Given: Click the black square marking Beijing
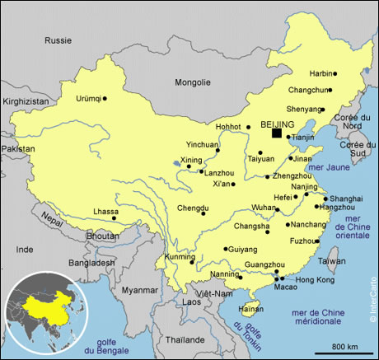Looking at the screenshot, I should (277, 132).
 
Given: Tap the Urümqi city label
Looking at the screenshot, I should (88, 99).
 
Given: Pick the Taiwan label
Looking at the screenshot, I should (332, 260).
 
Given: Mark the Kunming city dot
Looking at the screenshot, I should (192, 264).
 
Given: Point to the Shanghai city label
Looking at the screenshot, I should (346, 199).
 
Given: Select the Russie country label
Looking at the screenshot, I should (58, 40).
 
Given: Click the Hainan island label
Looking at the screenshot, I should (250, 309).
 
